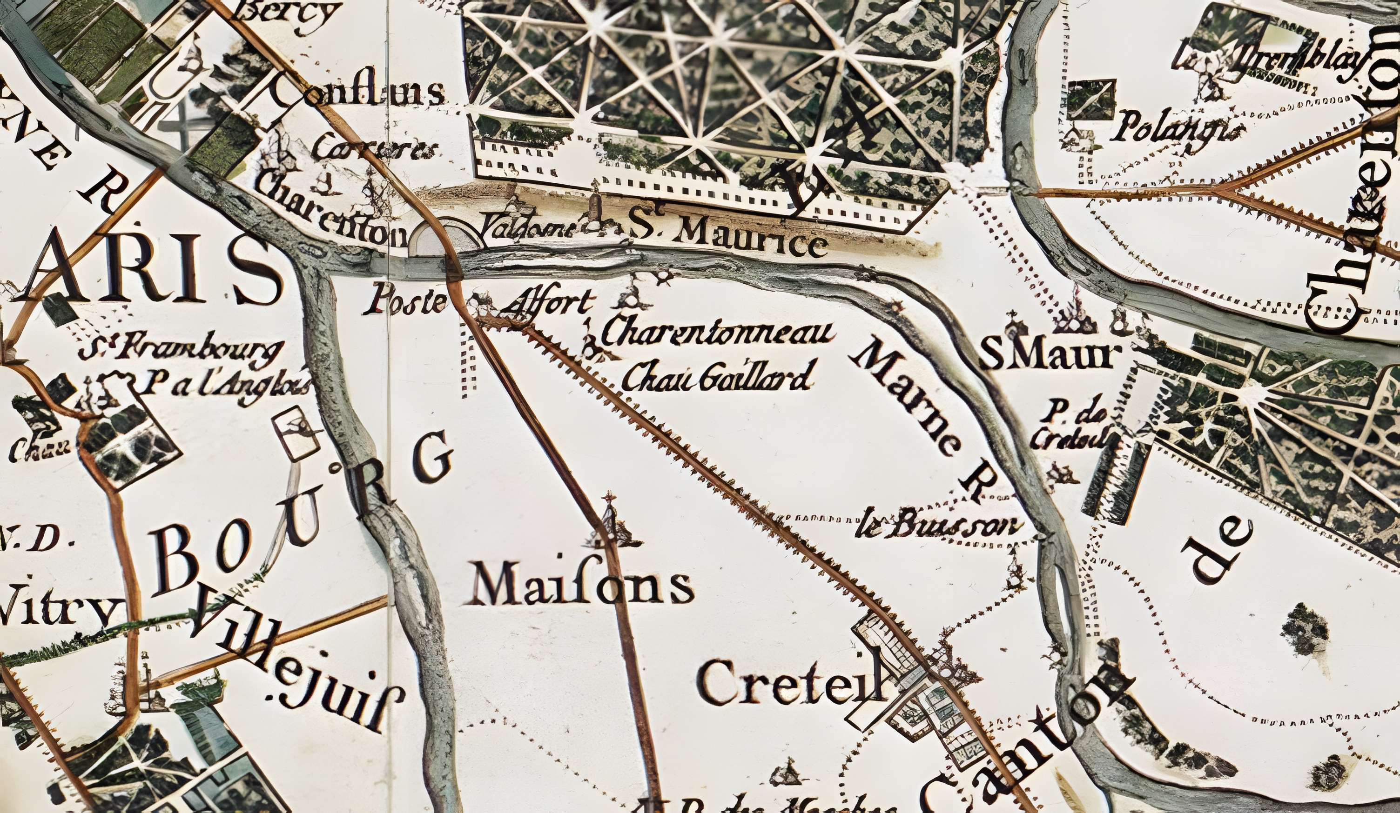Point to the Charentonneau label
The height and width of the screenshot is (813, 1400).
click(x=718, y=333)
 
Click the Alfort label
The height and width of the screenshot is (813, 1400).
click(x=551, y=304)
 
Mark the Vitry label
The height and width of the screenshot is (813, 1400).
click(x=58, y=611)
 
